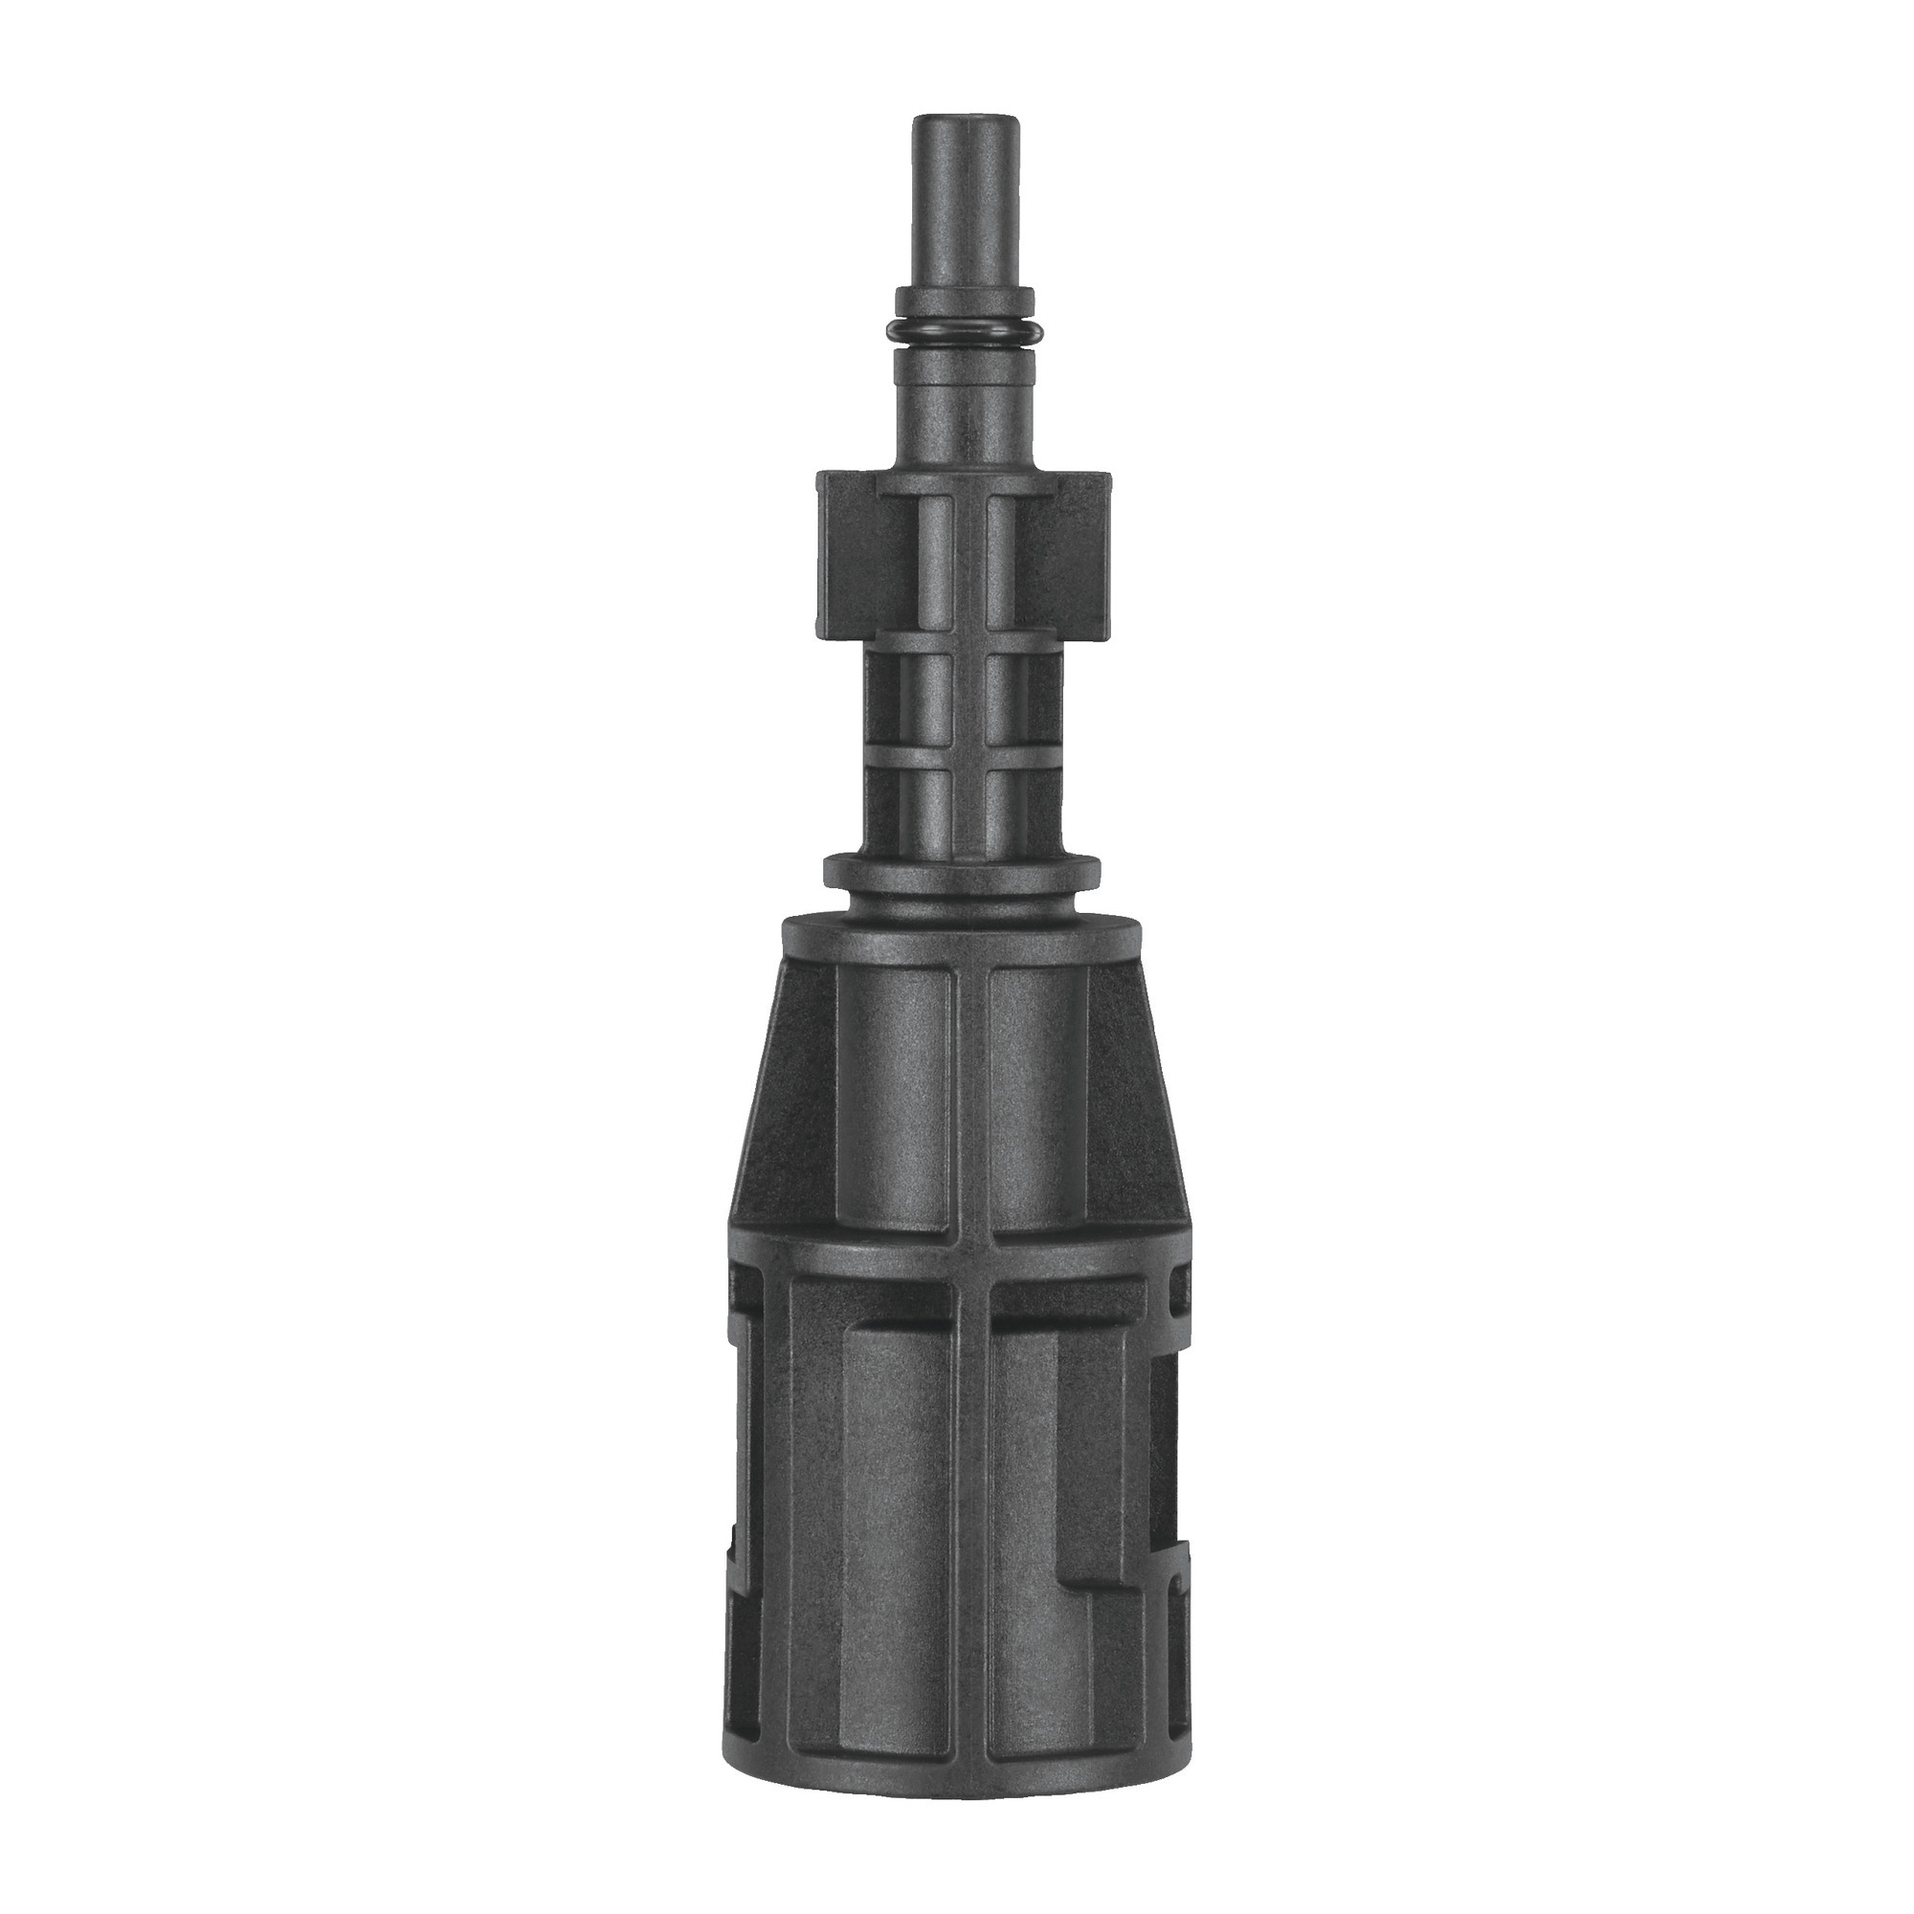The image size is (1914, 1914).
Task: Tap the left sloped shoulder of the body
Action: coord(783,1090)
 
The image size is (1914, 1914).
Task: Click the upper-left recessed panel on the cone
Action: coord(897,1100)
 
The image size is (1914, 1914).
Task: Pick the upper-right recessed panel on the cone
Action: coord(1035,1100)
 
